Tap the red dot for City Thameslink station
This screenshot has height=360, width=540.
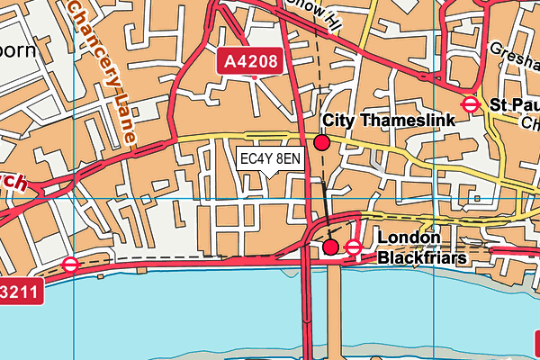pos(322,141)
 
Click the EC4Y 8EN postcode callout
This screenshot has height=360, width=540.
pos(270,159)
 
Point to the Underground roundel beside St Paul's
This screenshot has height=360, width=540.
pos(469,105)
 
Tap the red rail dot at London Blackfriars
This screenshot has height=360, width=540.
pos(330,247)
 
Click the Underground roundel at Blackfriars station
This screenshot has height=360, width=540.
pos(354,247)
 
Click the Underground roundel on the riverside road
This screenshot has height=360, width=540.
pos(70,265)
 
